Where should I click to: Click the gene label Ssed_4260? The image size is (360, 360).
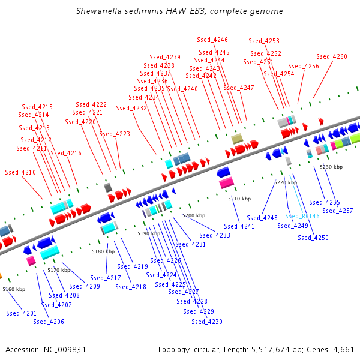[332, 56]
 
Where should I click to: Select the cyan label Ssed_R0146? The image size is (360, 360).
[302, 216]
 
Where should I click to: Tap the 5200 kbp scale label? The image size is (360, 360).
[194, 215]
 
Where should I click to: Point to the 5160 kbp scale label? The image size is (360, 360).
[14, 289]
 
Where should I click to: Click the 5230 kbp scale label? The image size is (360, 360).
[331, 167]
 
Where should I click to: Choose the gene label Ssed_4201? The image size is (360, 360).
[22, 313]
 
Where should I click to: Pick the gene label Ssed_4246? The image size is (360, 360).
[212, 40]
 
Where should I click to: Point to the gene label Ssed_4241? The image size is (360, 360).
[239, 226]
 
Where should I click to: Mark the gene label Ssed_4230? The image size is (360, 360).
[207, 322]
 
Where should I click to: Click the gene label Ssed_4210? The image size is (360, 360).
[20, 172]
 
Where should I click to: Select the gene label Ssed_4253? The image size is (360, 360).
[264, 41]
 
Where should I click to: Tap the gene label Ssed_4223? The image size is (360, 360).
[115, 134]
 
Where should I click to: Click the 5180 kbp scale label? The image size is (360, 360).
[103, 252]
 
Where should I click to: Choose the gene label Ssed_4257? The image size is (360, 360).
[338, 211]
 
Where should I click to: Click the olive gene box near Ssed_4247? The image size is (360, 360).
[237, 139]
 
